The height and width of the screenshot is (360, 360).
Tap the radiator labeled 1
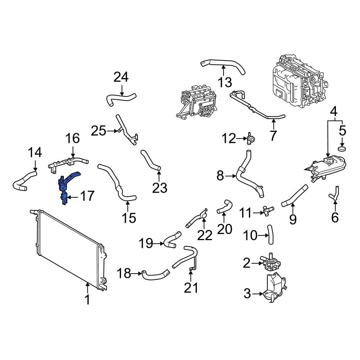(68, 248)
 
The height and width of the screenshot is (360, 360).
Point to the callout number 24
(121, 77)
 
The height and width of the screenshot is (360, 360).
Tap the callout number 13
(225, 82)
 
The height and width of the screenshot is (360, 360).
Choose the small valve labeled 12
(251, 138)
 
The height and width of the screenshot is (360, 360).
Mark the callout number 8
(220, 176)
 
